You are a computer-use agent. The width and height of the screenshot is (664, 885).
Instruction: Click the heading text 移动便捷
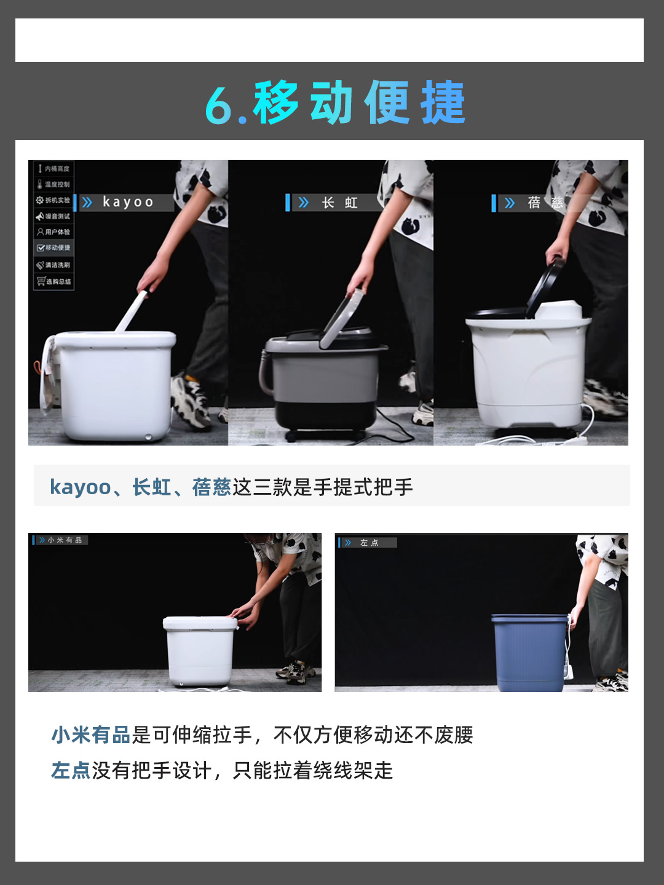[359, 103]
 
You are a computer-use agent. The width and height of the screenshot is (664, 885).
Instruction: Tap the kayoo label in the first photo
[127, 202]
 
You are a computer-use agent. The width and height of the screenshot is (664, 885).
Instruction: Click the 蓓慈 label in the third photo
[545, 203]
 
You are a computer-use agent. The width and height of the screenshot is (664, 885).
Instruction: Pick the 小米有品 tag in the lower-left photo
[64, 540]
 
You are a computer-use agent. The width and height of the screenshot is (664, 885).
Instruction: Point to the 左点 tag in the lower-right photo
[369, 543]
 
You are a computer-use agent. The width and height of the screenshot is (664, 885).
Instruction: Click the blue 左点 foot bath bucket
[530, 651]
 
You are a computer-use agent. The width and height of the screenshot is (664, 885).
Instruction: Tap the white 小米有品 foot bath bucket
[200, 651]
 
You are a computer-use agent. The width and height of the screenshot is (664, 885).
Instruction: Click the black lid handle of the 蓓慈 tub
[546, 286]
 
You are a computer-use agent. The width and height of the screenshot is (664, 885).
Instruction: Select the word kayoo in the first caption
[80, 487]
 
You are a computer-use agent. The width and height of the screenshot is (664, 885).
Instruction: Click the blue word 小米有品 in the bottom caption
[91, 735]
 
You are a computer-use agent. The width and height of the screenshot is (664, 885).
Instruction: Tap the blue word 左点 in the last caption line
[71, 771]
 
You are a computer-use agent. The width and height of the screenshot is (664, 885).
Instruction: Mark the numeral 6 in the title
[219, 104]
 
